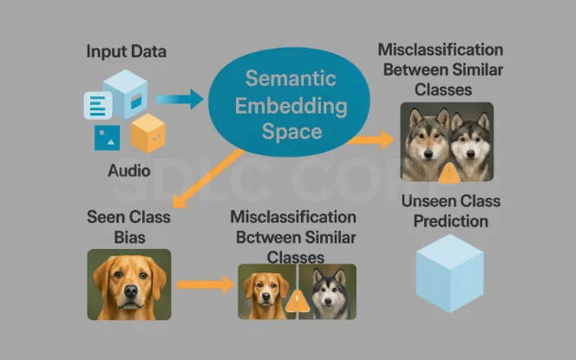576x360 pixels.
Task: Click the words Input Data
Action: click(127, 51)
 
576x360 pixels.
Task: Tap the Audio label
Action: click(129, 171)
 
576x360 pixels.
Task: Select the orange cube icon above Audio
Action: click(147, 133)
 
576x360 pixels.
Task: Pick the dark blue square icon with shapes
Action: click(108, 138)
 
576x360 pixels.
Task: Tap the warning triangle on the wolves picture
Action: click(448, 173)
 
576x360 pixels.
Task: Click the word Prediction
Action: click(450, 221)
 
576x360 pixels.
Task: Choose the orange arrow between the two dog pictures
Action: click(206, 284)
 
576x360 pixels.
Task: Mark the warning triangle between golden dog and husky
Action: click(297, 300)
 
